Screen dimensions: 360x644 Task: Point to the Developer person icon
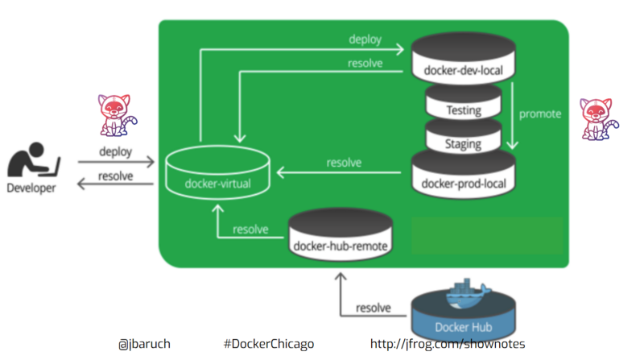pos(33,161)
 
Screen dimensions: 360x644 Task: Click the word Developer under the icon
pos(31,188)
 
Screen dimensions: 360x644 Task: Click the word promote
pos(539,114)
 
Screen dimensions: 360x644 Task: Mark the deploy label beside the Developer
pos(115,151)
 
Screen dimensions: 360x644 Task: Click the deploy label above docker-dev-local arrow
pos(365,39)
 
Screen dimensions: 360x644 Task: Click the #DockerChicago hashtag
pos(269,344)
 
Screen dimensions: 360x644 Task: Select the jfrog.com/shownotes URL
pos(448,344)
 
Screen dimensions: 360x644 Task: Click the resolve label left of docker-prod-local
pos(344,163)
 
